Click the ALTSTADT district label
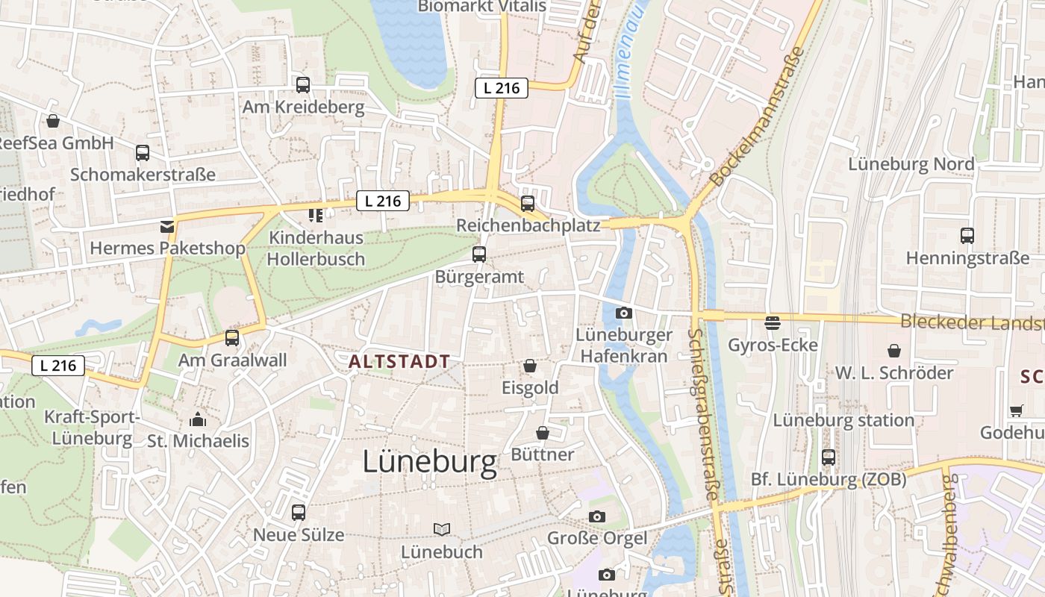point(399,362)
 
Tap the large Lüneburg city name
point(429,463)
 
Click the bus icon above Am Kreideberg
point(303,85)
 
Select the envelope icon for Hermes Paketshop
point(167,226)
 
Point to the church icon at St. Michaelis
point(198,419)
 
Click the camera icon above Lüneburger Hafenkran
point(624,313)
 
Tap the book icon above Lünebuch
point(442,529)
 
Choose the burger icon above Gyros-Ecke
point(773,322)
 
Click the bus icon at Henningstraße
point(967,236)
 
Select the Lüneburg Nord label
point(911,164)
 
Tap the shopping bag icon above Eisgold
point(530,366)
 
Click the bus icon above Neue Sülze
point(299,513)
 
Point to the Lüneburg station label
point(843,420)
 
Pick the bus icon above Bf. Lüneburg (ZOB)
point(829,457)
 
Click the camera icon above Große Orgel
point(597,516)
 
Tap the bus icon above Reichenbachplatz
point(528,203)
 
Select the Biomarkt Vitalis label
point(481,7)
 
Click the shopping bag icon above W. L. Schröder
point(894,350)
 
